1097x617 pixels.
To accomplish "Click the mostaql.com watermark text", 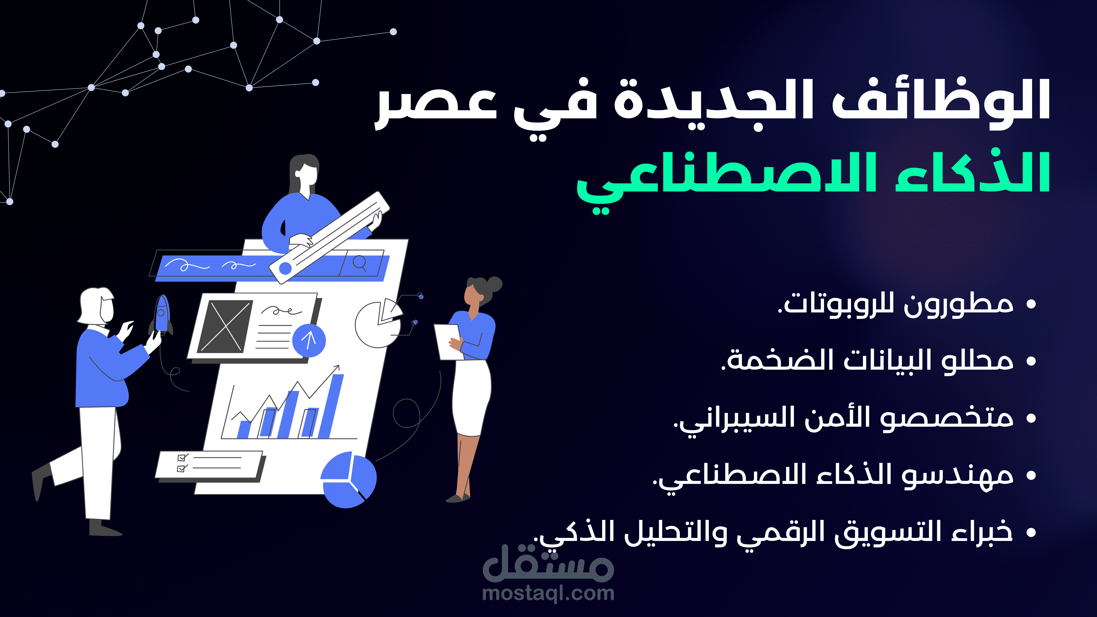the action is tap(548, 593).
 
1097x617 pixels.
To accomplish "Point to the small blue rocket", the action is tap(161, 315).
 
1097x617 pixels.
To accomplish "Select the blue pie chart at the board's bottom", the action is tap(348, 480).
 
